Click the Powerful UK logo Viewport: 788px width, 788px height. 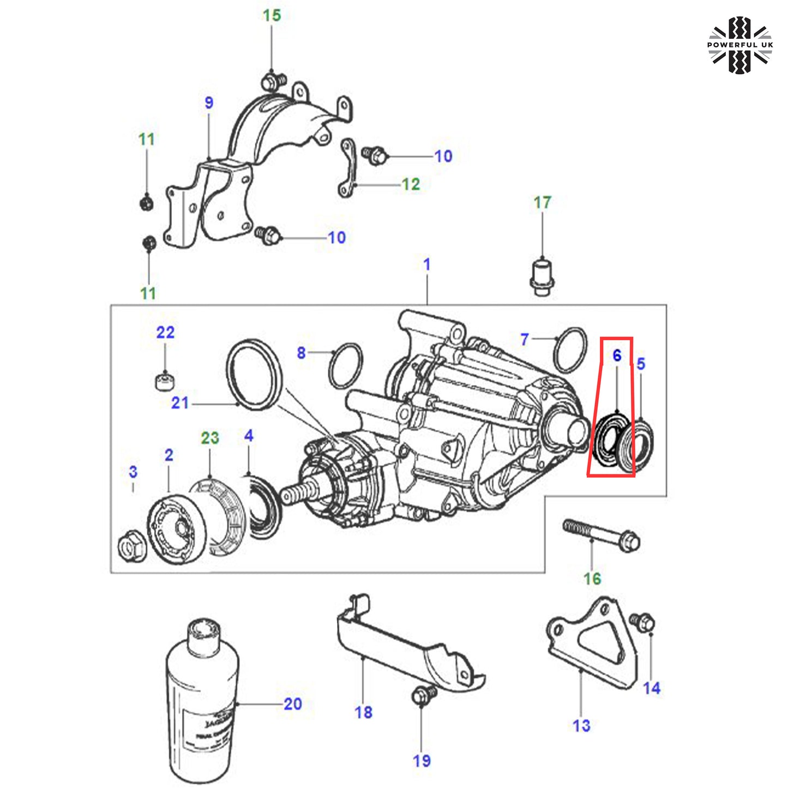tap(739, 45)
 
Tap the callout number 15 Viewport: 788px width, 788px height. tap(272, 16)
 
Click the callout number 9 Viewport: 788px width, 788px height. tap(209, 103)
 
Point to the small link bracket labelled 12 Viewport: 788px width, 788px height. tap(348, 167)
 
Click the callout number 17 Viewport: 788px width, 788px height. tap(542, 203)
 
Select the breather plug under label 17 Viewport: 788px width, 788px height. tap(542, 276)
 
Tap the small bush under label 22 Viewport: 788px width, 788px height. tap(165, 380)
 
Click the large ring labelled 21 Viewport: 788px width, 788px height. tap(254, 374)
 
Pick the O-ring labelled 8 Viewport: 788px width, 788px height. tap(346, 365)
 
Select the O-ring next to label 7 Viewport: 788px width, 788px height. tap(570, 350)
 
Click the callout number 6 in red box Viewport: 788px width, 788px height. tap(617, 356)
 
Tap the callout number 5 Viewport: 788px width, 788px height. tap(641, 364)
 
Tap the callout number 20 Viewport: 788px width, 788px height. tap(292, 704)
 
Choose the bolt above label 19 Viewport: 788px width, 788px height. tap(423, 695)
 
